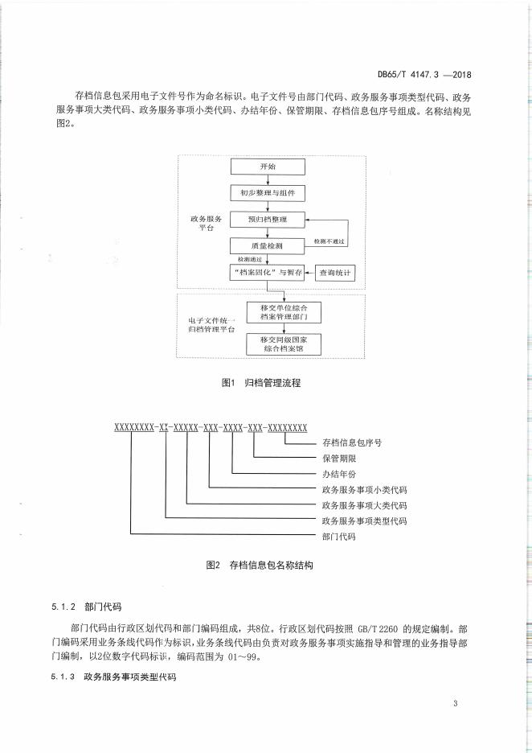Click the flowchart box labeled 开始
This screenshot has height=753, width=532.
(268, 167)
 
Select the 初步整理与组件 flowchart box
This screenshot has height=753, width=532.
(268, 193)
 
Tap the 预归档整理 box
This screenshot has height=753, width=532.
(268, 220)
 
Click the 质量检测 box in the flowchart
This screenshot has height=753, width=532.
(267, 246)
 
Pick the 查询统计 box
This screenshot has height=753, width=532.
(335, 273)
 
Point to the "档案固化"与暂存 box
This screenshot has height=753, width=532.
(267, 272)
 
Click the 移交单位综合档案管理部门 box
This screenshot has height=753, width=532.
(284, 312)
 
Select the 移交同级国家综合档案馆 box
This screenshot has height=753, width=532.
(284, 344)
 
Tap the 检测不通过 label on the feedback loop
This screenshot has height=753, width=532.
(329, 241)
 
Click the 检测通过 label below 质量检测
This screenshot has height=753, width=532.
(250, 259)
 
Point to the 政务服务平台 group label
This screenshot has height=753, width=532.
(207, 224)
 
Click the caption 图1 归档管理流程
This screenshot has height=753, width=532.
(261, 383)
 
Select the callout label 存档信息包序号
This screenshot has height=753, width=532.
(352, 442)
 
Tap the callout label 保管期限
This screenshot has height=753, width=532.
(339, 458)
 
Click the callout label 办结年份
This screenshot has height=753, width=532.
(339, 474)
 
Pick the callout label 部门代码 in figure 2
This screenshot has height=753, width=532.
(339, 537)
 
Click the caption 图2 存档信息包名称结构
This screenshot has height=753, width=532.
(260, 565)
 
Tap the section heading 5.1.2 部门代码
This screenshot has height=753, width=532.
(86, 607)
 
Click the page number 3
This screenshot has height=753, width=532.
(455, 704)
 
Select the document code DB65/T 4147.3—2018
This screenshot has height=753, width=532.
(424, 75)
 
